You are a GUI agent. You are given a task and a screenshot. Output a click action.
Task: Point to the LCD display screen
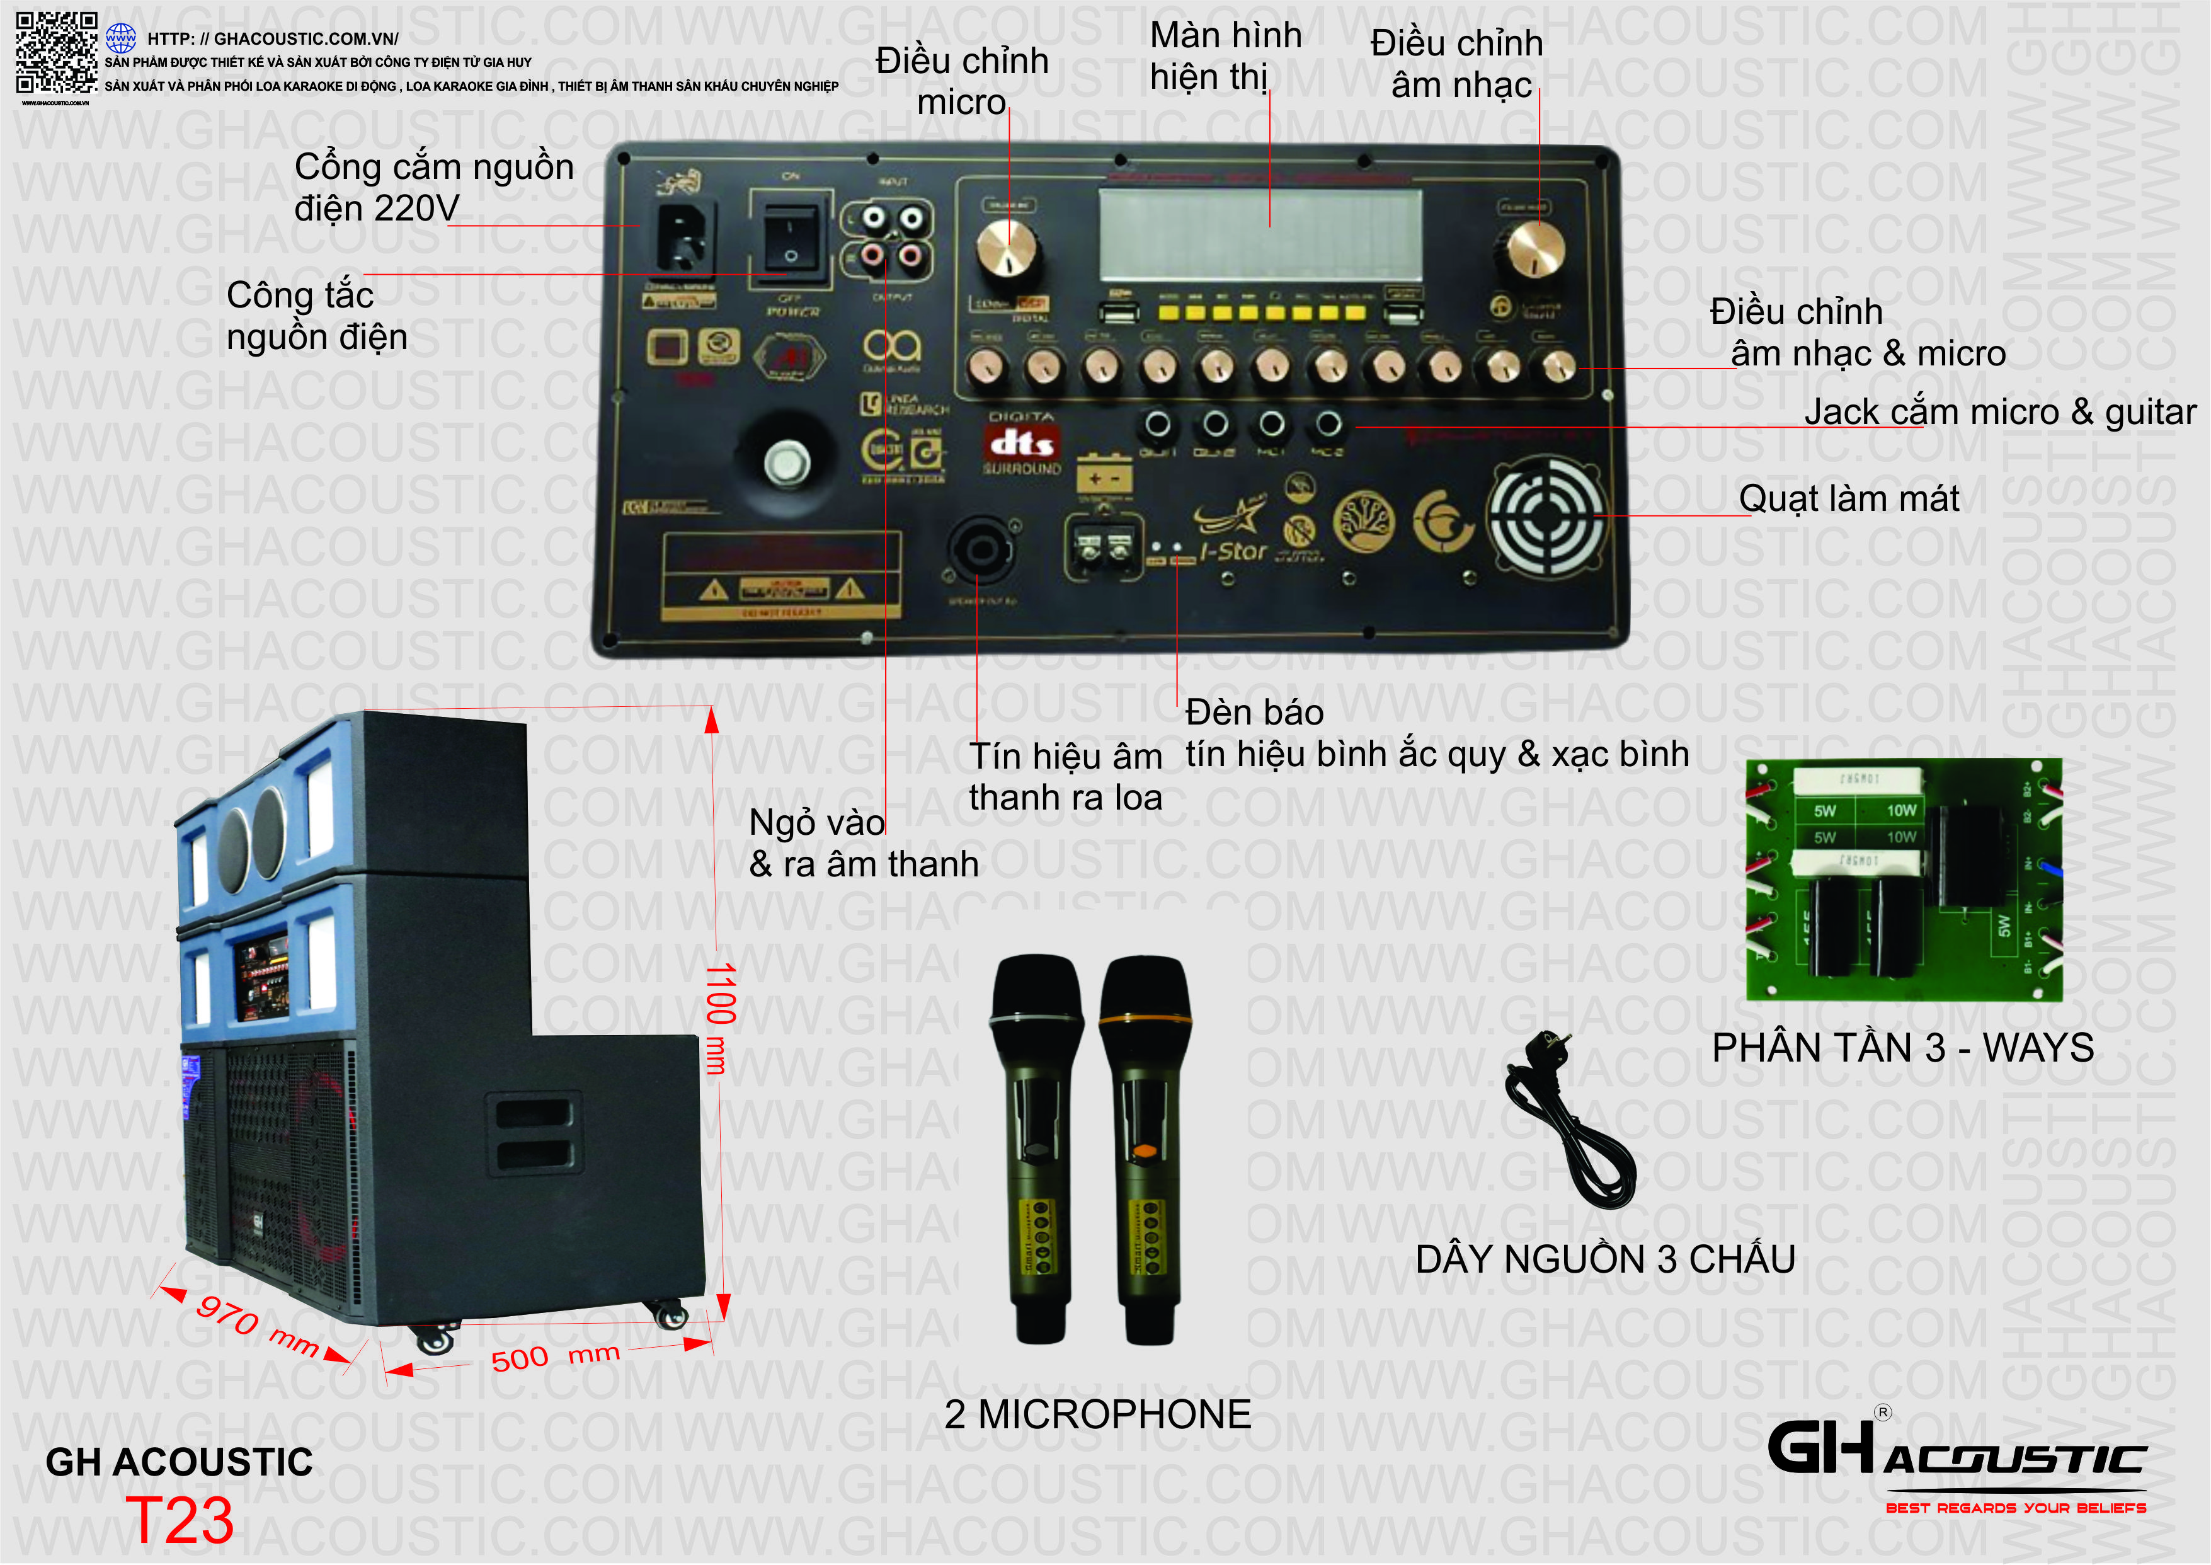(x=1259, y=233)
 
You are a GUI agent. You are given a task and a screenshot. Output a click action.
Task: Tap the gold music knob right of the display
(x=1536, y=249)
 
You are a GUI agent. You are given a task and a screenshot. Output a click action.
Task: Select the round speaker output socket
(x=979, y=550)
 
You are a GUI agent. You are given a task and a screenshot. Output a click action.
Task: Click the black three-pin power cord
(x=1570, y=1123)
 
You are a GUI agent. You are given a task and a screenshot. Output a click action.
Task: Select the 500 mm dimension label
(x=554, y=1357)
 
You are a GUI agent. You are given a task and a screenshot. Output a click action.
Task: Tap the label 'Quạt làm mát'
(x=1848, y=499)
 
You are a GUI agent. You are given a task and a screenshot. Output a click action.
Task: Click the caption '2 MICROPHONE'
(x=1097, y=1414)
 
